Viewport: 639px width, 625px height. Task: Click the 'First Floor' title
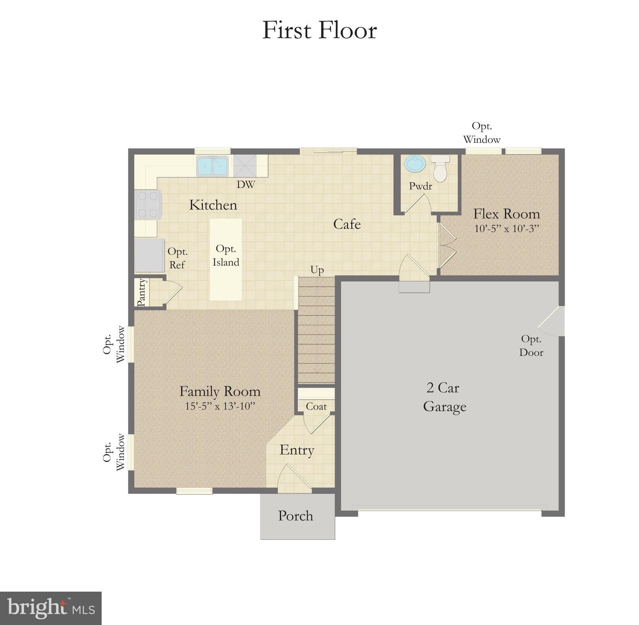point(319,30)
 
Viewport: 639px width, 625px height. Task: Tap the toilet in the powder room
point(440,168)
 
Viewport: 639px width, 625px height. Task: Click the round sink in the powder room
point(415,164)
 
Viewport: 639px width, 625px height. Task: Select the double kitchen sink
point(212,166)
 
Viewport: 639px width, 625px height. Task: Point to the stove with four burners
point(148,204)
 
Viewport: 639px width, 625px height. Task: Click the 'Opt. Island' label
point(226,256)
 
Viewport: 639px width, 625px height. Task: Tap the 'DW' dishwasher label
point(246,185)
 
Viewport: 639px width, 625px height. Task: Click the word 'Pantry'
point(141,292)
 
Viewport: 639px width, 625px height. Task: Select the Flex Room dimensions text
point(506,229)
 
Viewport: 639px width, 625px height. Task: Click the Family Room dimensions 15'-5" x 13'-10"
point(220,406)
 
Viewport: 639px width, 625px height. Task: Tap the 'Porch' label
point(296,516)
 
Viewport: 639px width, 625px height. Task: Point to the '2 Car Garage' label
point(444,397)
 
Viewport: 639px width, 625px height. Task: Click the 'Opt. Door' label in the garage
point(531,346)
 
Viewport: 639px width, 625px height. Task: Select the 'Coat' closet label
point(316,406)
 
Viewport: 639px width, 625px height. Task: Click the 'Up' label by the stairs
point(317,270)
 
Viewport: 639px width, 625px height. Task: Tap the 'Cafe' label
point(347,224)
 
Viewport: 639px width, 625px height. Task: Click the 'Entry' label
point(297,450)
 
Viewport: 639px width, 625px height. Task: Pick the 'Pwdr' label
point(420,186)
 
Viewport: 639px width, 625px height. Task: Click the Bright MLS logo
point(51,608)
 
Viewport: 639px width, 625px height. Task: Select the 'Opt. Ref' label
point(177,258)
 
